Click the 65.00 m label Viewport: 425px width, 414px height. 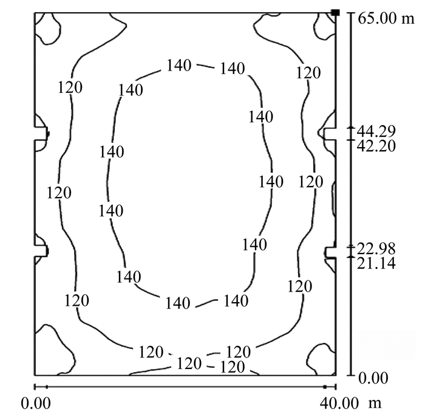click(386, 19)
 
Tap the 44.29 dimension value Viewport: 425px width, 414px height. click(376, 131)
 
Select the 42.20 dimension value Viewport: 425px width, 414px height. click(376, 146)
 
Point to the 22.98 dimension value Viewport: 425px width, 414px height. click(376, 249)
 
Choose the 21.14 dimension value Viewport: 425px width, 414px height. click(376, 263)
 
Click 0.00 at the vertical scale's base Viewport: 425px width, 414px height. click(373, 378)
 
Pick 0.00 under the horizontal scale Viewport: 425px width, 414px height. click(36, 404)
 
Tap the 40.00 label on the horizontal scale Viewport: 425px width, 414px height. click(339, 404)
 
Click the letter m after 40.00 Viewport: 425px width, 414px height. click(375, 404)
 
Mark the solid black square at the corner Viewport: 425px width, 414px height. click(336, 13)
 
